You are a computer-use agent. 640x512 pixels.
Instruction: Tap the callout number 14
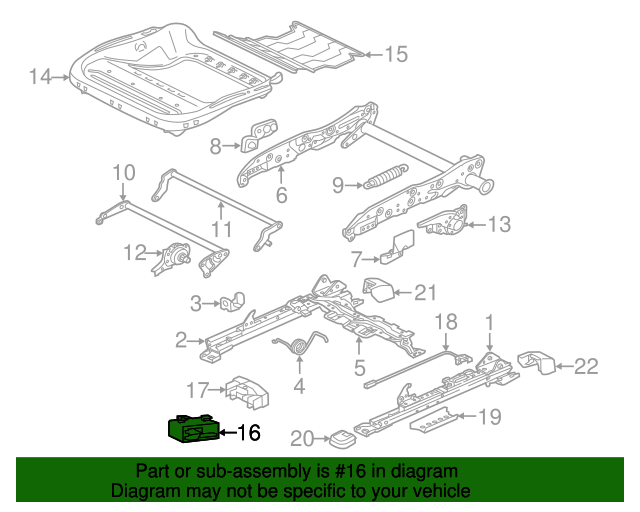click(40, 77)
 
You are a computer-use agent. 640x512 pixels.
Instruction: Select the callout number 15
click(396, 55)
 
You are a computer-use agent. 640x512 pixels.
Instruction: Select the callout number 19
click(489, 417)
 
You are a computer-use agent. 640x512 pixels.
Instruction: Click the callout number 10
click(122, 172)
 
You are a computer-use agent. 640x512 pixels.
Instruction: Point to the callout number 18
click(445, 322)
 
